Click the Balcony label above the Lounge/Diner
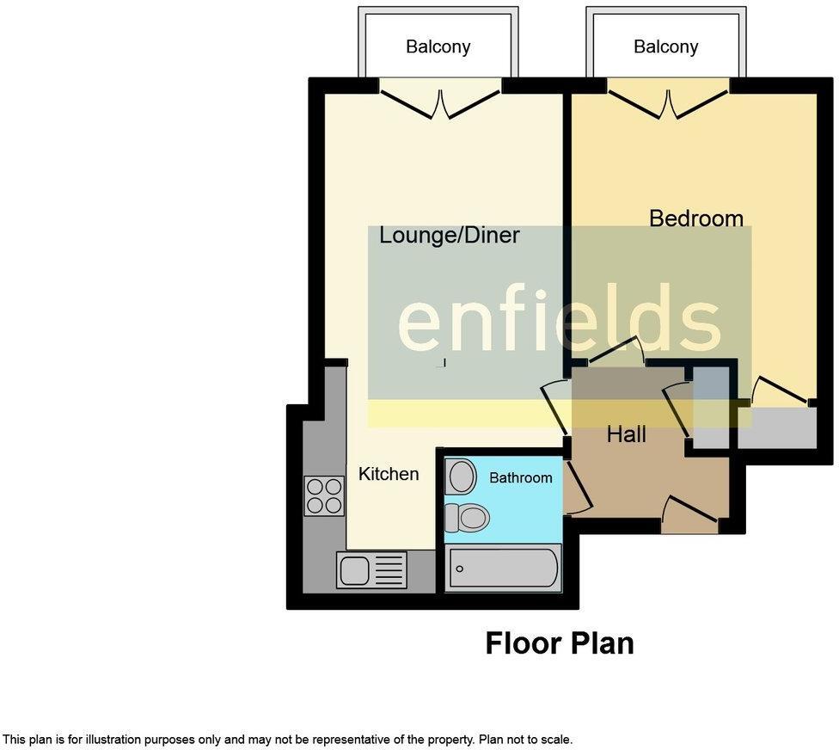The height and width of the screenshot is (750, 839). point(438,47)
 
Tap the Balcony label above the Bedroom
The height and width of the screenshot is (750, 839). point(665,47)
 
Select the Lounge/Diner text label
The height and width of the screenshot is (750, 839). point(450,236)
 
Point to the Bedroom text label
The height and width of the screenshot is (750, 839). point(696,218)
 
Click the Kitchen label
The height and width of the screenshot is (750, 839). point(389,474)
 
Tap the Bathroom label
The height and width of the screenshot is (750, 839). point(521,477)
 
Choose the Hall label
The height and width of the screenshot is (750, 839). point(627,434)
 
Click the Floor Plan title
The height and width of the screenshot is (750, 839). point(559,643)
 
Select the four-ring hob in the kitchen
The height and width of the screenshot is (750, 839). point(324,495)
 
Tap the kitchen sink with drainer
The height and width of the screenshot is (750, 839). point(371,569)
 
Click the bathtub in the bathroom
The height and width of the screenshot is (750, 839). point(503,569)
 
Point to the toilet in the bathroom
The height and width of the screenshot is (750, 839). point(467,518)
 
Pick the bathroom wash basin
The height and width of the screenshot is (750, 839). point(461,476)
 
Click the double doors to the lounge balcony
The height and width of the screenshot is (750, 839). point(441,104)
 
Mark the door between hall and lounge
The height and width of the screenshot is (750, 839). point(554,407)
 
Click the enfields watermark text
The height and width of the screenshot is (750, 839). point(559,318)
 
